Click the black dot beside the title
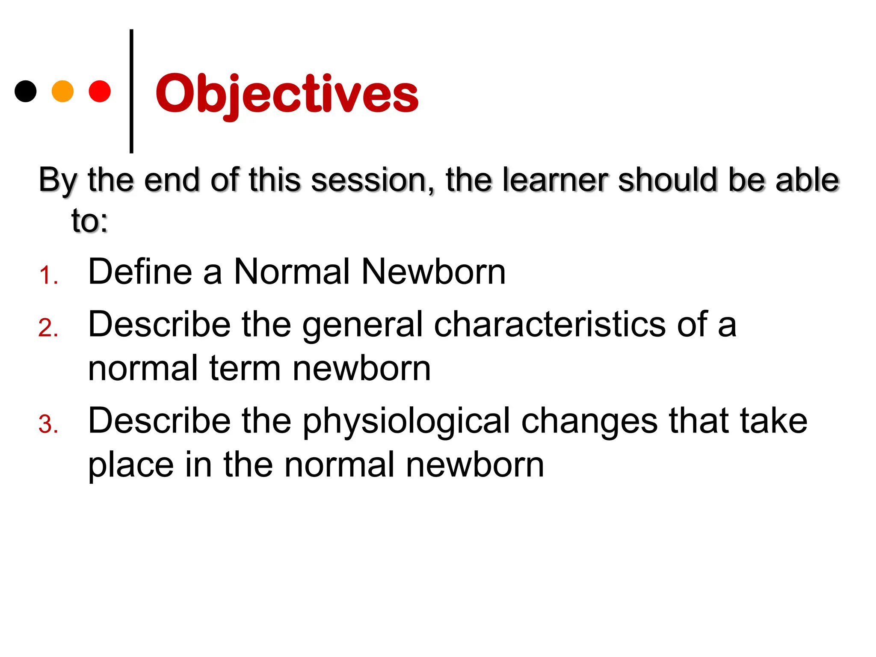[x=25, y=91]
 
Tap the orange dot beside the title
[x=62, y=91]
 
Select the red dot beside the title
[x=100, y=91]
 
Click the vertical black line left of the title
[x=131, y=91]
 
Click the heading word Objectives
[x=287, y=94]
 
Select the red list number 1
[x=48, y=275]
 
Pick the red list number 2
[x=48, y=328]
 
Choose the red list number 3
[x=48, y=425]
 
